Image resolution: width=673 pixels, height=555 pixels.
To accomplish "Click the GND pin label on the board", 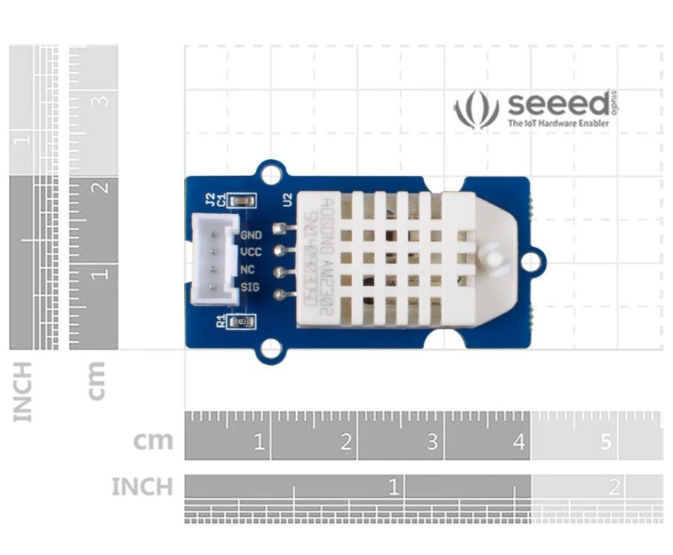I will [x=251, y=235].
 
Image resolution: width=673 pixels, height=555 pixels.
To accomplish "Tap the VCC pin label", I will [x=251, y=252].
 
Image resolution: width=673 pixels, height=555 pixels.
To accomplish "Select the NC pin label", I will [x=248, y=269].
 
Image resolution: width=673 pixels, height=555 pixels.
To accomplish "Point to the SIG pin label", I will [x=250, y=286].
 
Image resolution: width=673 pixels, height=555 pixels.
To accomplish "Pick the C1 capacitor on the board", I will [x=242, y=200].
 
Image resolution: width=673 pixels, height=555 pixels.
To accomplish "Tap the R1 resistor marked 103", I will [x=242, y=322].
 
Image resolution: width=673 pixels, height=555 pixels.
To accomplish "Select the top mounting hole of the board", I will [x=271, y=174].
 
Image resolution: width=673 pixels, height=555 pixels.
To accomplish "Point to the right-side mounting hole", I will [x=531, y=261].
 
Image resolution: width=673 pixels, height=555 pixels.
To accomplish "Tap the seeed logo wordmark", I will [x=558, y=104].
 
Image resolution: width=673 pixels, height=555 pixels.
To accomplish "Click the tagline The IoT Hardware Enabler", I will [x=558, y=123].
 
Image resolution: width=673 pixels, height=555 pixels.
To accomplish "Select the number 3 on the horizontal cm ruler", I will [x=432, y=442].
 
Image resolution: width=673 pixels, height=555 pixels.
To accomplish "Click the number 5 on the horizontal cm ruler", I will [x=606, y=442].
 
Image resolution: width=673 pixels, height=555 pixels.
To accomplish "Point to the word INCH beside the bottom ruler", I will [x=141, y=488].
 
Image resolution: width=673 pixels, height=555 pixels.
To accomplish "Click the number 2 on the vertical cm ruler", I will [x=102, y=187].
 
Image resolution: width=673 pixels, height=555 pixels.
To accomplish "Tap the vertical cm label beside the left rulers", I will [x=96, y=380].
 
